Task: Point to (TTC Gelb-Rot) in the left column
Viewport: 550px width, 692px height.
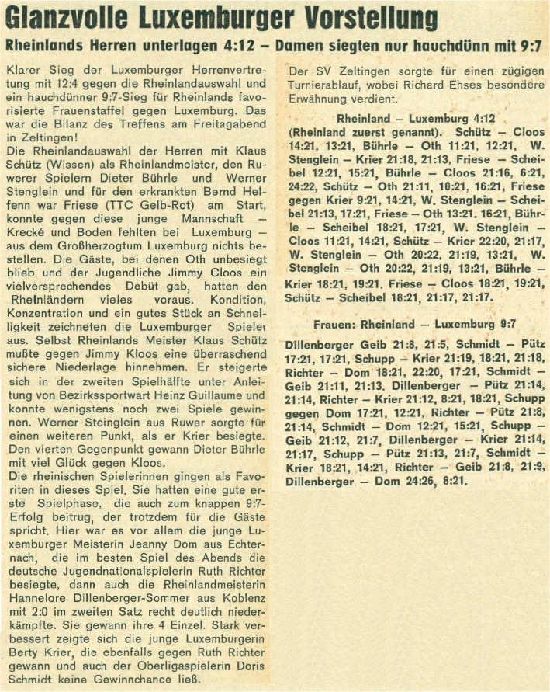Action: click(x=142, y=207)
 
